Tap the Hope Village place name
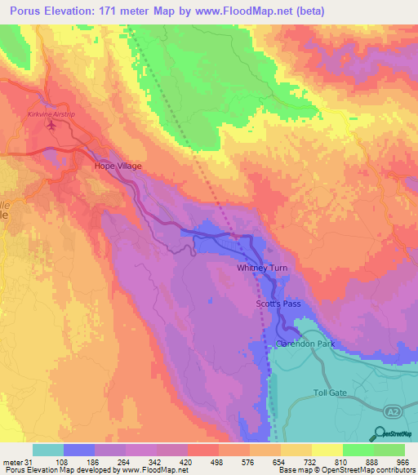click(x=118, y=166)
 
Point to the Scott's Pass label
click(x=278, y=304)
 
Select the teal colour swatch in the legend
click(x=47, y=450)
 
